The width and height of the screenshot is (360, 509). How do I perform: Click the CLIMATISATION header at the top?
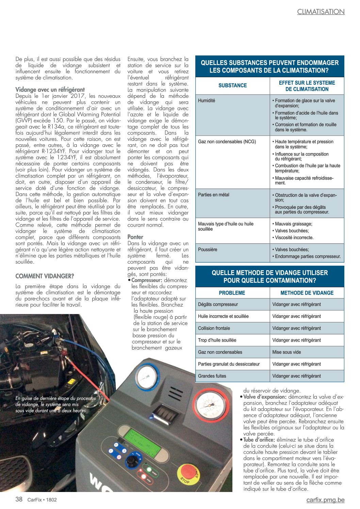(x=321, y=12)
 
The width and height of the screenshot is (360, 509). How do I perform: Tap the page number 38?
(x=19, y=499)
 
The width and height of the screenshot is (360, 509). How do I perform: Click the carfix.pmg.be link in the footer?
(x=325, y=500)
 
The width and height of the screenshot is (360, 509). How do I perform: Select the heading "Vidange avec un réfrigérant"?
(x=50, y=90)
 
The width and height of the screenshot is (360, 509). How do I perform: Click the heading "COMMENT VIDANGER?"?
(x=45, y=276)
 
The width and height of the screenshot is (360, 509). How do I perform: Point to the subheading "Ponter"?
(x=135, y=237)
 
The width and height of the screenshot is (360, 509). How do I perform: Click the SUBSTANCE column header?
(x=232, y=85)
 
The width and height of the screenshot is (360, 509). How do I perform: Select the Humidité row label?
(x=207, y=100)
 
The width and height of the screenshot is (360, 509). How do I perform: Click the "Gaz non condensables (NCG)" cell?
(x=227, y=142)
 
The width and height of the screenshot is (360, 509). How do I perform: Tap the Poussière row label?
(x=208, y=249)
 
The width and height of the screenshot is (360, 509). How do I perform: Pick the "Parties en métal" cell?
(x=214, y=195)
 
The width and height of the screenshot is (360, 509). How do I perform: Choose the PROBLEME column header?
(x=232, y=293)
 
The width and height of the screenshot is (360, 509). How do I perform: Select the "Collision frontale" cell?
(x=214, y=328)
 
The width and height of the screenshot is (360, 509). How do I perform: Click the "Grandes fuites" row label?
(x=212, y=376)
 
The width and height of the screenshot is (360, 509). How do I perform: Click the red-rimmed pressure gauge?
(x=211, y=407)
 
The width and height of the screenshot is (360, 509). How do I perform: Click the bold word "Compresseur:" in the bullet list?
(x=147, y=280)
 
